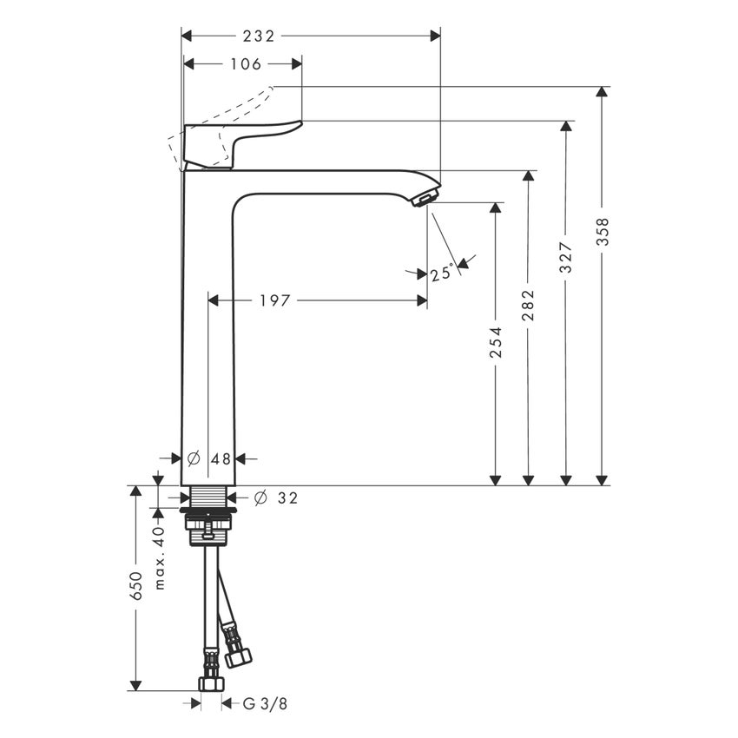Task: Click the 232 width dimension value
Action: click(x=258, y=36)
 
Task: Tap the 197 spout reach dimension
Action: click(x=275, y=300)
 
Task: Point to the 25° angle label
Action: click(x=442, y=273)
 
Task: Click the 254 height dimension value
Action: click(x=495, y=343)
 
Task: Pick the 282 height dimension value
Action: click(x=528, y=306)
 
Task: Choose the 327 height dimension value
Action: click(x=565, y=258)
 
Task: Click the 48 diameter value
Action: click(x=221, y=458)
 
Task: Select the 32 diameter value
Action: click(x=287, y=497)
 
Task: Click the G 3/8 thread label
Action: click(x=265, y=704)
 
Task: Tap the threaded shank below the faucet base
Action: click(x=208, y=498)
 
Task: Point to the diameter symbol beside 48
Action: click(x=194, y=458)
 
